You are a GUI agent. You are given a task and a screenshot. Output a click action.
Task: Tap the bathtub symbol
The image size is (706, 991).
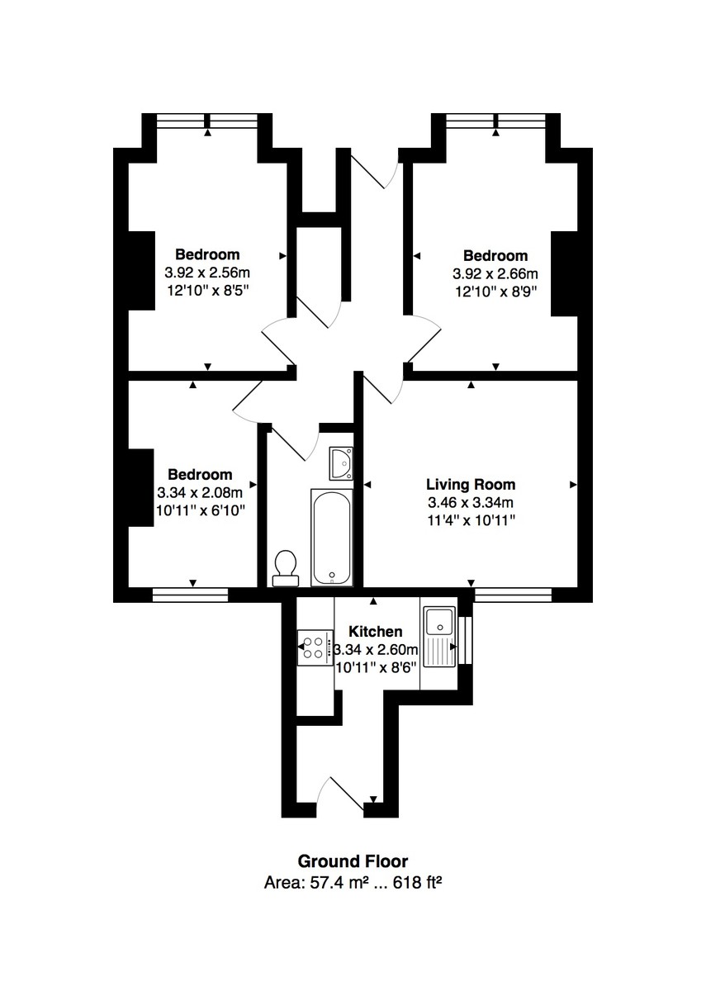[332, 536]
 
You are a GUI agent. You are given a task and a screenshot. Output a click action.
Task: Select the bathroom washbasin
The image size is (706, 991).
[340, 463]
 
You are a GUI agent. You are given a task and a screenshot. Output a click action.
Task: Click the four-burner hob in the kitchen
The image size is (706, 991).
[315, 647]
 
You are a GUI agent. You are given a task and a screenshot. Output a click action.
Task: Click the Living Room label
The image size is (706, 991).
[471, 485]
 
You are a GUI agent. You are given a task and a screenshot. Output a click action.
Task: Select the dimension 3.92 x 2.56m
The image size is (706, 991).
[207, 272]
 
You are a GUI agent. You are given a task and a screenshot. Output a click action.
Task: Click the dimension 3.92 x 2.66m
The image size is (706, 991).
[495, 273]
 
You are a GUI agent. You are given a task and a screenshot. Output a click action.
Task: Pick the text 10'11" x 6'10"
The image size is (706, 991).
[200, 510]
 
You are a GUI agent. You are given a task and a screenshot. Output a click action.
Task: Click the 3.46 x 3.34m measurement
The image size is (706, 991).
[471, 502]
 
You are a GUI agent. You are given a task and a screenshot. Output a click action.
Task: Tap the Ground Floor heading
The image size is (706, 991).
[353, 862]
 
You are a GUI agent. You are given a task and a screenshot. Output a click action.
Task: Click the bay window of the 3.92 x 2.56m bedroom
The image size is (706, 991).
[207, 121]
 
